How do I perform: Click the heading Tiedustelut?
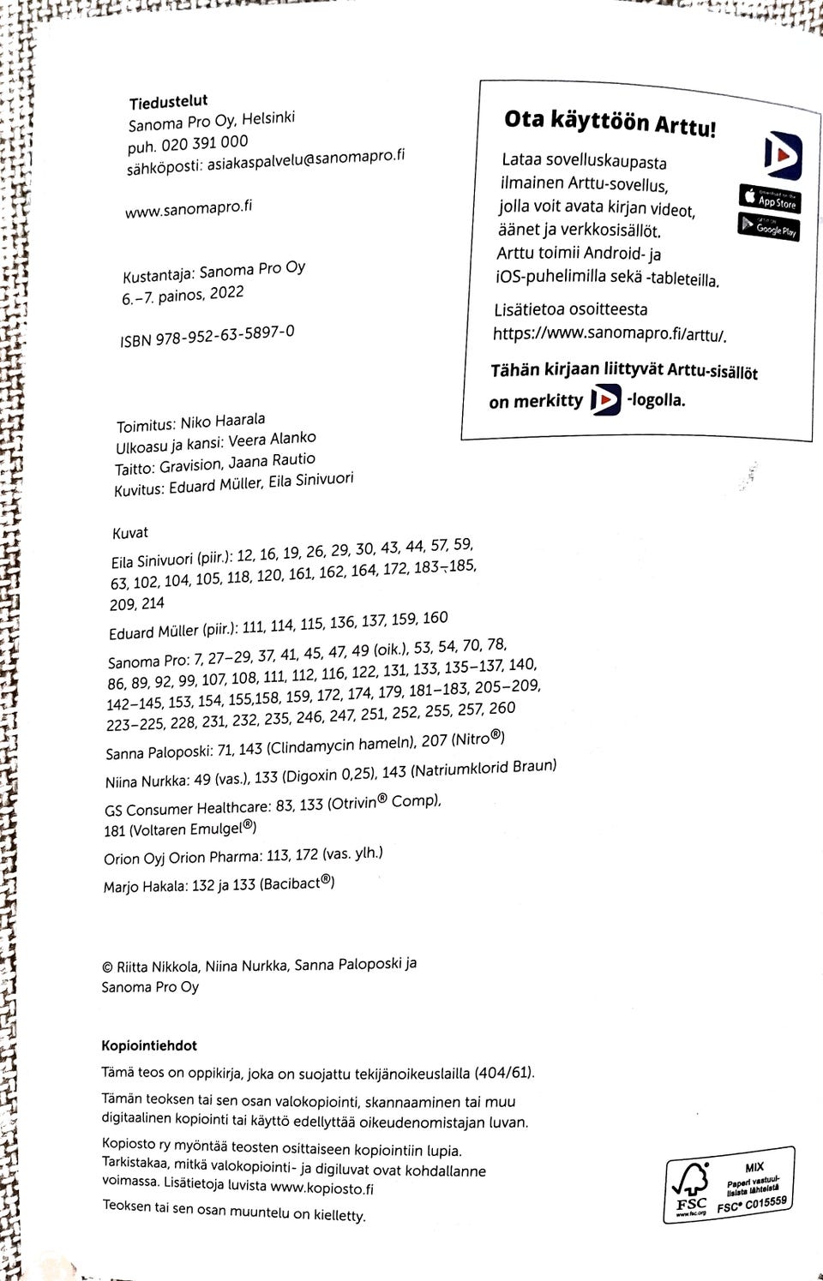(168, 102)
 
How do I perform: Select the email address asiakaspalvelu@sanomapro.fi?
(305, 159)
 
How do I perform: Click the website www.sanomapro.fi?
(189, 207)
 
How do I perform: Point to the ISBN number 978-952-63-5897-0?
(225, 335)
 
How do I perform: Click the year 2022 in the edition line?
(226, 293)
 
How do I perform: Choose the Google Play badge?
(768, 226)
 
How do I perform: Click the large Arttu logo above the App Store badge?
(783, 155)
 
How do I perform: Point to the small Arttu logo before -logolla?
(605, 399)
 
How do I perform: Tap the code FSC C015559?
(752, 1205)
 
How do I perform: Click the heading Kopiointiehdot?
(149, 1045)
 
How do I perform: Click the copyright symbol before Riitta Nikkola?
(107, 967)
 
